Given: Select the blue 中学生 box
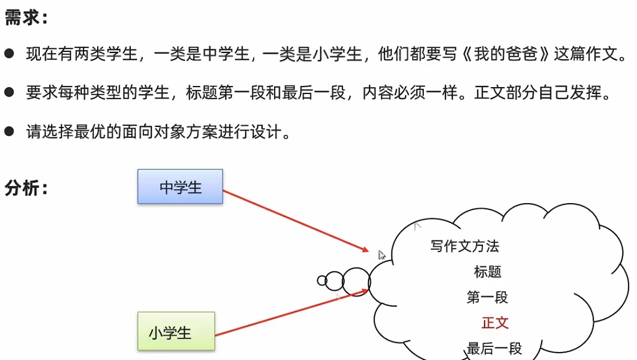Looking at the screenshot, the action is point(180,186).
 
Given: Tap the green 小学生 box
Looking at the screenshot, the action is point(176,331).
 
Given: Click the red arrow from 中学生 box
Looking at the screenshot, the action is point(294,220).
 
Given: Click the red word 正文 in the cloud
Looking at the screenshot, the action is point(495,322).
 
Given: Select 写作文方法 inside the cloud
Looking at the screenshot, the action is point(465,246).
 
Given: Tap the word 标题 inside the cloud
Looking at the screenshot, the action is point(488,272).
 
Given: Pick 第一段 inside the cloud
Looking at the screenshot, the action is point(487,297).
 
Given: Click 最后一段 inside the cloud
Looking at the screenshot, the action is point(494,348).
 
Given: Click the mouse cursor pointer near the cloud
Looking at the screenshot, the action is point(382,255).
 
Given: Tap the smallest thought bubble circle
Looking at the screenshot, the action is point(322,281).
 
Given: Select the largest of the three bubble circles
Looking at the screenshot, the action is point(357,282).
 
